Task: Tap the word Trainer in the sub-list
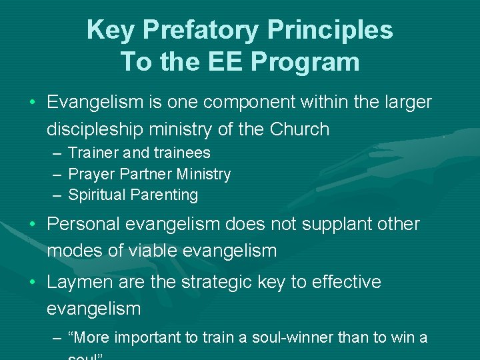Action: coord(93,153)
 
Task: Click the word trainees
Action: coord(180,153)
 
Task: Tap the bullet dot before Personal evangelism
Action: coord(32,225)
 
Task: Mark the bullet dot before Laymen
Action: coord(32,282)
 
